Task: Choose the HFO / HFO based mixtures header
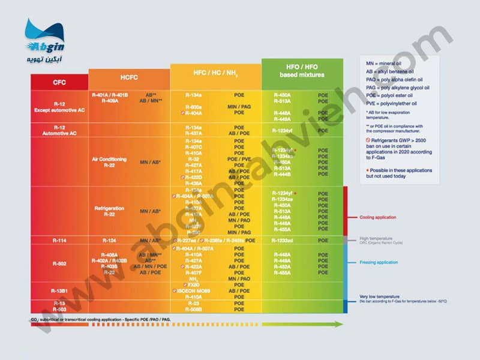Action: (x=302, y=70)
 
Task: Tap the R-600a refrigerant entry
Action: (x=193, y=106)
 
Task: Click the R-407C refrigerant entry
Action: (x=193, y=147)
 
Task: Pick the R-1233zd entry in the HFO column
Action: (x=283, y=241)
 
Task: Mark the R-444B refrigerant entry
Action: (x=283, y=175)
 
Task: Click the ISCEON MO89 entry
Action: (x=196, y=291)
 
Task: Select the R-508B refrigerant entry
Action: (x=193, y=310)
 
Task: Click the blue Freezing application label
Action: (x=379, y=262)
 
